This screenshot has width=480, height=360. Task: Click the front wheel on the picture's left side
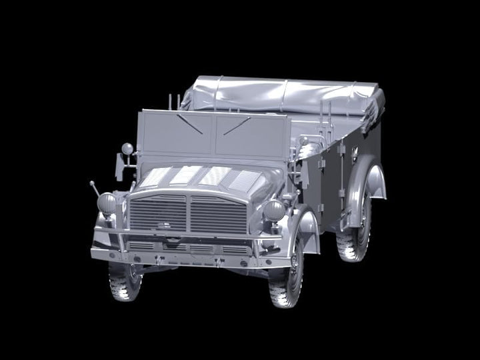coord(124,280)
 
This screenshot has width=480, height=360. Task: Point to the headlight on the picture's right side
coord(274,211)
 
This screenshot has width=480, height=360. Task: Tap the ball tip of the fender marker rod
coord(92,183)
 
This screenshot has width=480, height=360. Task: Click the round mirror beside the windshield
coord(126,147)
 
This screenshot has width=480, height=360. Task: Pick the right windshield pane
coord(251,136)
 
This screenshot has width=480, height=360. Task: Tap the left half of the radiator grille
coord(158,212)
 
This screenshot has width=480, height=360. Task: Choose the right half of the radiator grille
coord(218,215)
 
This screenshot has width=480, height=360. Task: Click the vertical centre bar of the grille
coord(188,213)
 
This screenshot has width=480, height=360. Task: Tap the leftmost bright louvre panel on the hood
coord(155,176)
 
